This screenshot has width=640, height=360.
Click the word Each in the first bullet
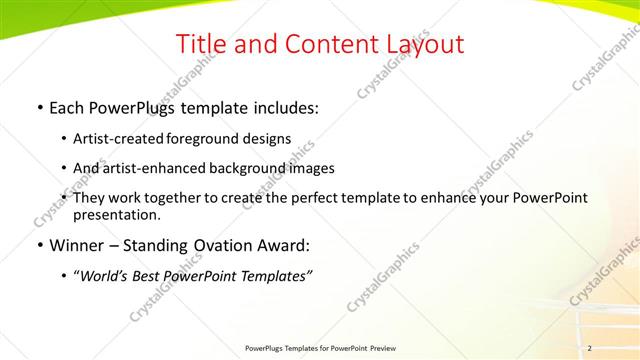[x=67, y=106]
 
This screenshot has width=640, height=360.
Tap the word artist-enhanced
[x=154, y=168]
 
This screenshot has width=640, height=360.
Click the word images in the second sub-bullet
[x=312, y=168]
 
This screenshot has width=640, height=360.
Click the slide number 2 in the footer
[x=590, y=348]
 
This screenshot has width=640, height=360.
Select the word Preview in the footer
[x=383, y=348]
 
